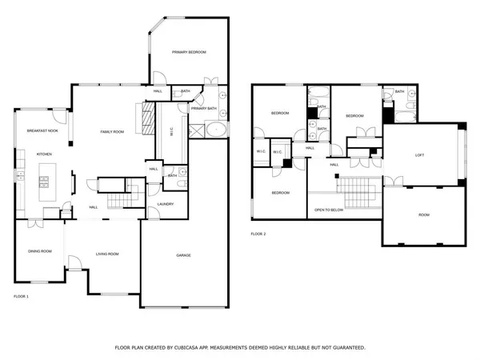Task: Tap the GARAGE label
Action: click(x=189, y=255)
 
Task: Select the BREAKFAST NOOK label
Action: click(x=42, y=130)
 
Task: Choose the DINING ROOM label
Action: click(x=40, y=251)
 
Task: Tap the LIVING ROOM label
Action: click(x=107, y=254)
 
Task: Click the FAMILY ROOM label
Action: click(x=111, y=131)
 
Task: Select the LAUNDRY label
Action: click(x=166, y=204)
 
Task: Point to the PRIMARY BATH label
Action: click(x=204, y=108)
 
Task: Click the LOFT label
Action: click(x=418, y=155)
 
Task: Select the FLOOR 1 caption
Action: click(x=21, y=297)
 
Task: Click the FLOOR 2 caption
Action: click(x=258, y=234)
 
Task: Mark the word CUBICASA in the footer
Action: click(x=187, y=348)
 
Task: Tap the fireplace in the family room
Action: click(x=145, y=120)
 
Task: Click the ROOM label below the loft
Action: click(x=423, y=215)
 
